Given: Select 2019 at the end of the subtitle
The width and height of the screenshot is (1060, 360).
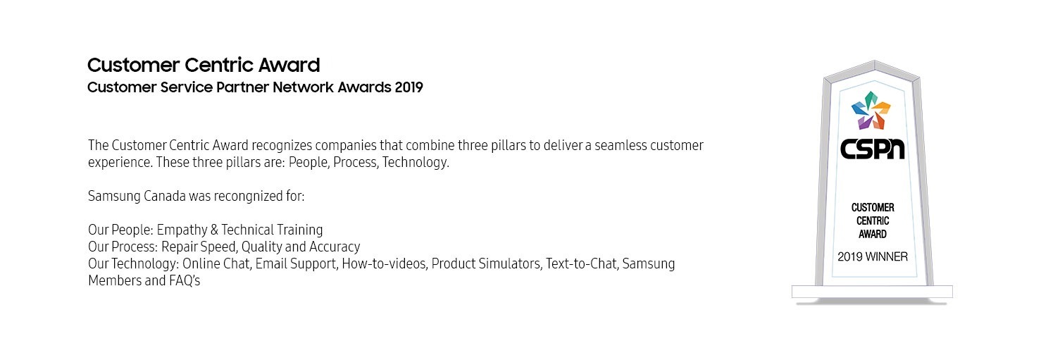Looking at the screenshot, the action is pyautogui.click(x=409, y=87).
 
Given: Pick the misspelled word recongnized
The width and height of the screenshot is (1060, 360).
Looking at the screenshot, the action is pyautogui.click(x=247, y=197).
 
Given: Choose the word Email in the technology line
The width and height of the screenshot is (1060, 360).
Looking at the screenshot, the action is pyautogui.click(x=271, y=263).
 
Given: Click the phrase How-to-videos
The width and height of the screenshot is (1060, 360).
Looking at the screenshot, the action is pyautogui.click(x=384, y=263).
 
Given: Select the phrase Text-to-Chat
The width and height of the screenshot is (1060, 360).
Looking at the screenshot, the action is pyautogui.click(x=582, y=263).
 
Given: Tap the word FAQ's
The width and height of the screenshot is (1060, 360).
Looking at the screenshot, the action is pyautogui.click(x=185, y=280).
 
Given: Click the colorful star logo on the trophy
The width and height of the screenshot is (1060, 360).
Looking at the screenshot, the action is pyautogui.click(x=871, y=111).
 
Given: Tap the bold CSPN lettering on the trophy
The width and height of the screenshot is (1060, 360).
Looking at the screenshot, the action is pyautogui.click(x=872, y=149).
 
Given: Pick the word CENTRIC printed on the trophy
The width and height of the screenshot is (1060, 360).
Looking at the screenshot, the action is pyautogui.click(x=873, y=221).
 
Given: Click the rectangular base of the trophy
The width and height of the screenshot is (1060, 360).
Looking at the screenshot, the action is pyautogui.click(x=872, y=292).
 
